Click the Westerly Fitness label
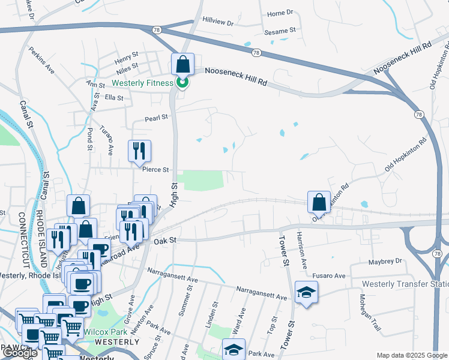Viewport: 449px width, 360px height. [142, 83]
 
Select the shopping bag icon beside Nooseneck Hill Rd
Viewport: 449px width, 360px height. [182, 64]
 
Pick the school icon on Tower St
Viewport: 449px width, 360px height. [306, 292]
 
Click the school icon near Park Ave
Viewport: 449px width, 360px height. [234, 349]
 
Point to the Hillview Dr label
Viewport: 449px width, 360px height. [218, 22]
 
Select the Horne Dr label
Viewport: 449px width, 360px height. [280, 13]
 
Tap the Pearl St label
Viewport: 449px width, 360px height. [155, 118]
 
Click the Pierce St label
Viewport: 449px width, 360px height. [155, 170]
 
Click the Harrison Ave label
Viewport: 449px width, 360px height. [301, 251]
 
